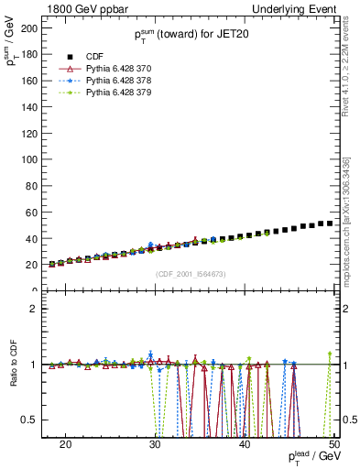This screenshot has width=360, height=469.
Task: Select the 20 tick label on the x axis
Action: (x=65, y=444)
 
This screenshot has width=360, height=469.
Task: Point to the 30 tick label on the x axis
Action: (x=155, y=444)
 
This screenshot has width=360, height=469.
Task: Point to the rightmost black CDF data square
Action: (x=329, y=224)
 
